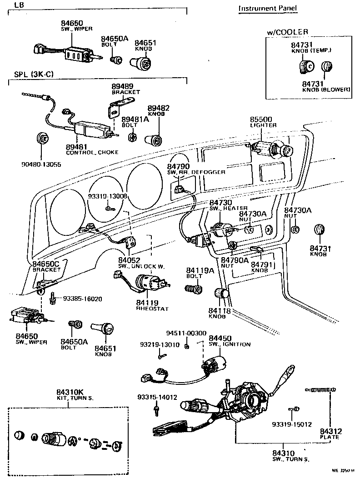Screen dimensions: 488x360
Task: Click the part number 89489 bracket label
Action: point(122,86)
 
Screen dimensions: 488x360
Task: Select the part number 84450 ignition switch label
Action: point(220,338)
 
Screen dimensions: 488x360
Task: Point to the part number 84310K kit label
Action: point(70,392)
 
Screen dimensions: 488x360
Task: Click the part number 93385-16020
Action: point(82,299)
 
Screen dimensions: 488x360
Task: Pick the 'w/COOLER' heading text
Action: point(288,31)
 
